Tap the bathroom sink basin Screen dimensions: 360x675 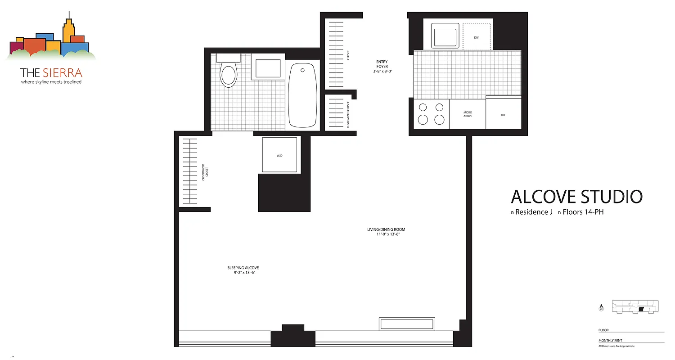pyautogui.click(x=268, y=68)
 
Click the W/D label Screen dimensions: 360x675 pyautogui.click(x=279, y=156)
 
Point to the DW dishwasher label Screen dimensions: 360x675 pyautogui.click(x=476, y=37)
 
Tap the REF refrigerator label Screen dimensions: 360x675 pyautogui.click(x=504, y=115)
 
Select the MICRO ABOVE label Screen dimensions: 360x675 pyautogui.click(x=468, y=114)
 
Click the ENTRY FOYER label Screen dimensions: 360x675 pyautogui.click(x=382, y=67)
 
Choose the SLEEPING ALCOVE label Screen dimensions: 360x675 pyautogui.click(x=243, y=270)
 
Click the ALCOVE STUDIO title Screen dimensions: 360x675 pyautogui.click(x=576, y=197)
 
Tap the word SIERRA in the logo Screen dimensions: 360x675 pyautogui.click(x=63, y=72)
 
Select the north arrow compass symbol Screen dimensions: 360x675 pyautogui.click(x=602, y=308)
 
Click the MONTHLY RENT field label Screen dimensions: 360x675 pyautogui.click(x=610, y=341)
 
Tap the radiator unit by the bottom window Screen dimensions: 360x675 pyautogui.click(x=407, y=324)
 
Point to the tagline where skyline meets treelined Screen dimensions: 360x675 pyautogui.click(x=51, y=82)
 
